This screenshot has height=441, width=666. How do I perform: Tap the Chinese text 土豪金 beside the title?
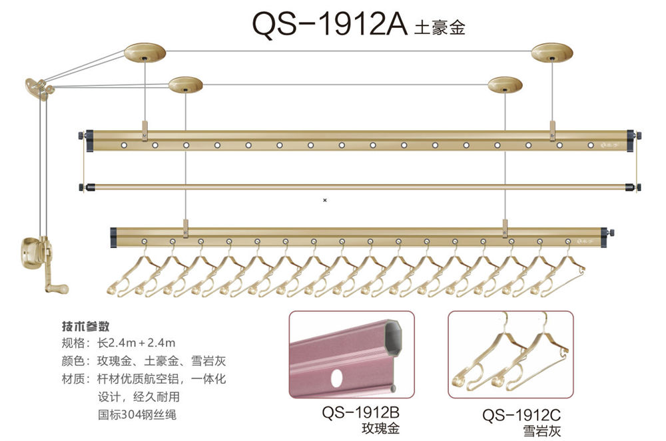(x=440, y=28)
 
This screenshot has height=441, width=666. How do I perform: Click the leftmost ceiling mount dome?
(x=145, y=53)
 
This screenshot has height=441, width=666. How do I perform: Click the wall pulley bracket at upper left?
(x=39, y=88)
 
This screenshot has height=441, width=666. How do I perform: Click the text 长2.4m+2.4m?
(x=136, y=343)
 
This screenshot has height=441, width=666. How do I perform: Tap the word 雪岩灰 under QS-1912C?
(x=541, y=431)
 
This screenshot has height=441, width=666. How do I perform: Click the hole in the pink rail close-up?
(x=337, y=377)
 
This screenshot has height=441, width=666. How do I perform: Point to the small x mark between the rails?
(x=325, y=199)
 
